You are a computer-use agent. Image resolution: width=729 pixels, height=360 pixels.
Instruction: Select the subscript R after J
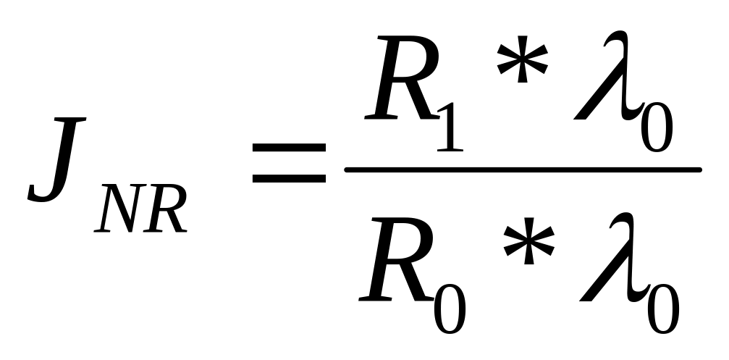tap(165, 209)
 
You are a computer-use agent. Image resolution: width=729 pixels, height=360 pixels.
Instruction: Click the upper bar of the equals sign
tap(289, 148)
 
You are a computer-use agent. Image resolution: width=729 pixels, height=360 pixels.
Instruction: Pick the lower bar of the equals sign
tap(289, 178)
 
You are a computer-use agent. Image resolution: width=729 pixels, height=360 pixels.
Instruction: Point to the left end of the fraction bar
tap(346, 169)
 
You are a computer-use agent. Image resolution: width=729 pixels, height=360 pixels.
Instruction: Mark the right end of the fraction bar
tap(699, 169)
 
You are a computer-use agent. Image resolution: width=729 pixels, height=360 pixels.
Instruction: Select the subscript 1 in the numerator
tap(450, 127)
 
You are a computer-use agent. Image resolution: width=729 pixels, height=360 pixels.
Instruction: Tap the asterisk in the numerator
tap(522, 59)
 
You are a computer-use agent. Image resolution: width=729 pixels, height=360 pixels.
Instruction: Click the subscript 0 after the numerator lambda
tap(657, 127)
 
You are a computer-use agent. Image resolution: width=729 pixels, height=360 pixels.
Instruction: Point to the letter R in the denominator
tap(396, 259)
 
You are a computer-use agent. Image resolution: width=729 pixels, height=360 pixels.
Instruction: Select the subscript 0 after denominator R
tap(450, 309)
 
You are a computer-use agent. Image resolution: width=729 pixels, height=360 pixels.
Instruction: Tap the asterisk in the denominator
tap(528, 241)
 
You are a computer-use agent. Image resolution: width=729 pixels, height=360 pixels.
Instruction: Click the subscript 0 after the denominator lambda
tap(663, 309)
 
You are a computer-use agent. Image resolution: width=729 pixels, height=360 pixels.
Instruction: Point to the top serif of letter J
tap(69, 120)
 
